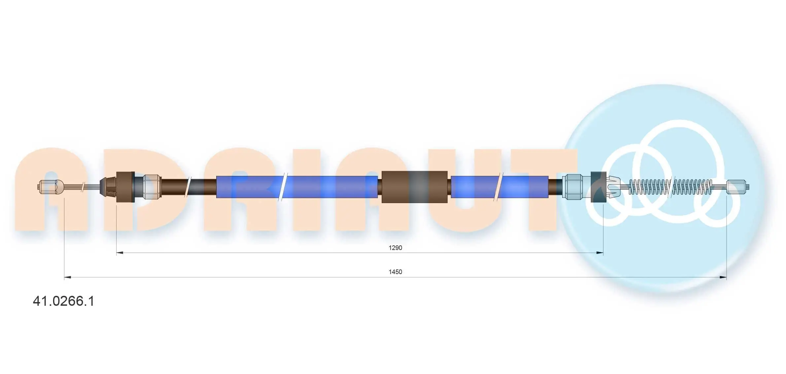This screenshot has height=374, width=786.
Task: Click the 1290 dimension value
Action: tap(395, 248)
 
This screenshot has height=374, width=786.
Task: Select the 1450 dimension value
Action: tap(395, 272)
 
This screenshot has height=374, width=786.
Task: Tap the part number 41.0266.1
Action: tap(64, 301)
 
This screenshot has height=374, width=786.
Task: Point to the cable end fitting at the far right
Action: tap(738, 187)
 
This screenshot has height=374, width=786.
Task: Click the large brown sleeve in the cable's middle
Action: tap(414, 187)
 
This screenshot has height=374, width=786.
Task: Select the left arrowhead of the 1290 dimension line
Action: tap(120, 253)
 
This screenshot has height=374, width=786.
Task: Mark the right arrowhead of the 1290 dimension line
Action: tap(600, 253)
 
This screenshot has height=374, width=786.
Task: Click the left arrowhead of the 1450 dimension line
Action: tap(68, 277)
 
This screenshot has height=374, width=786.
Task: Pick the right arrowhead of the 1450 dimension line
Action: tap(723, 277)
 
